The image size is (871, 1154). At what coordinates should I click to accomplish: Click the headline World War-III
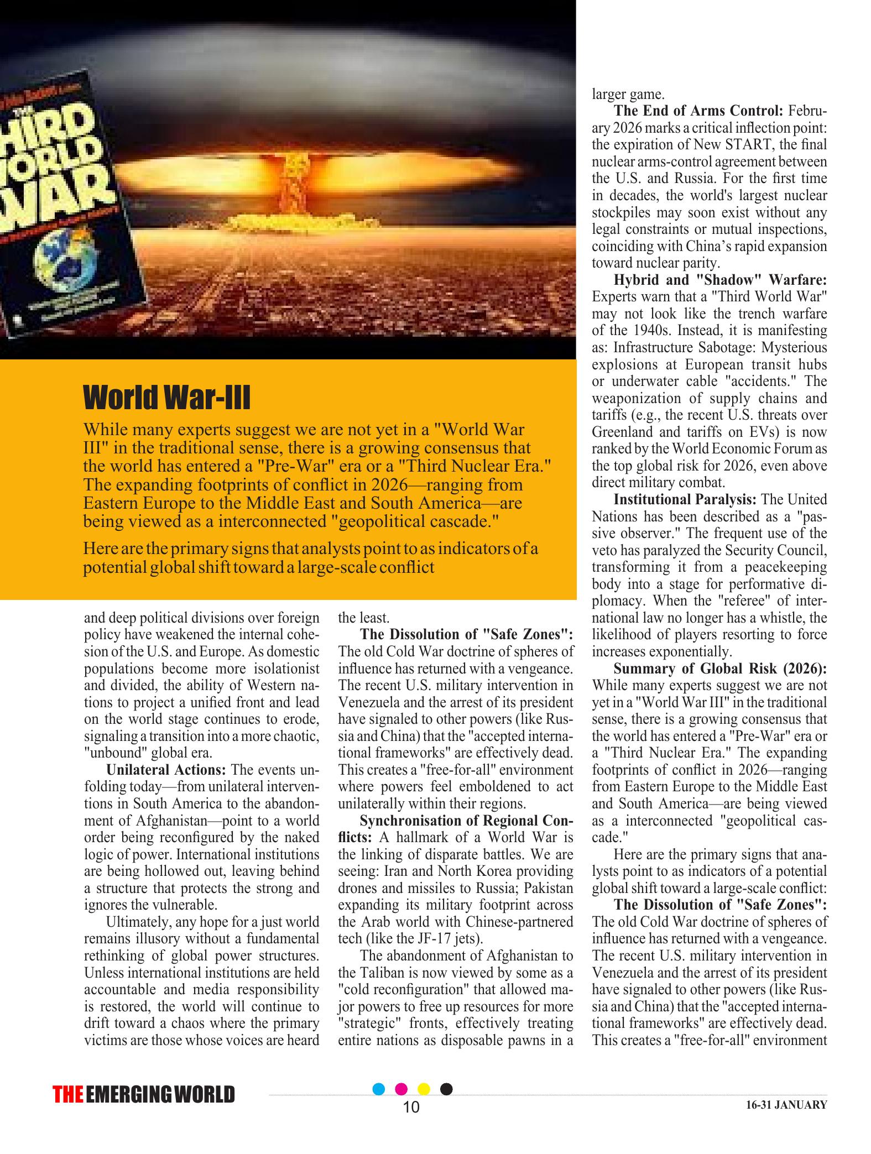(x=166, y=398)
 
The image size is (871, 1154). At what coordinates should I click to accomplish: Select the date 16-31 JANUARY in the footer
(x=786, y=1105)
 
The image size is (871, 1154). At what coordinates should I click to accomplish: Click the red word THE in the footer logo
(x=69, y=1095)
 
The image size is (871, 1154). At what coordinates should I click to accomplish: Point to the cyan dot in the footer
(x=379, y=1089)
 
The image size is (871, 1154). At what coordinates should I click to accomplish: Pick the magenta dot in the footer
(x=402, y=1089)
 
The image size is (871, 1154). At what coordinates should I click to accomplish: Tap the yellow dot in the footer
(x=425, y=1089)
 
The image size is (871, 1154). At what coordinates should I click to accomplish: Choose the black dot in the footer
(x=447, y=1089)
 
